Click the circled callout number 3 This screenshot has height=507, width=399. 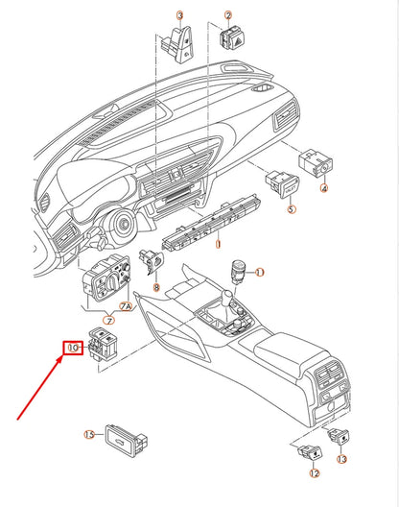(179, 16)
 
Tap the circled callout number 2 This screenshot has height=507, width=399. (228, 16)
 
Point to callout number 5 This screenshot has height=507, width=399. (292, 208)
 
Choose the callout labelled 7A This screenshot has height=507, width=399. (125, 306)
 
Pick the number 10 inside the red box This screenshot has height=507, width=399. (72, 347)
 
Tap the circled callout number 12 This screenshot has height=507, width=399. (314, 472)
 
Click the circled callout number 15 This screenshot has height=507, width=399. (89, 435)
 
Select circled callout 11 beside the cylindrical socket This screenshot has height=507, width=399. (259, 273)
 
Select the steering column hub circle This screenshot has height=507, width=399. (125, 228)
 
